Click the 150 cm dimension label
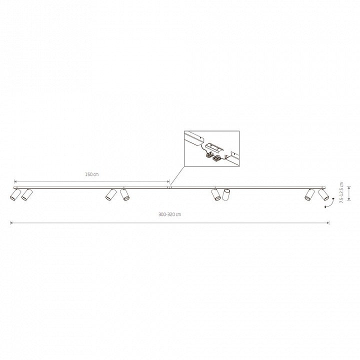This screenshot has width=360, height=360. pos(92,174)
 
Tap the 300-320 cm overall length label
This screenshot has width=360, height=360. pos(169,214)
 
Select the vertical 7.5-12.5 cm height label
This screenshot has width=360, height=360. pos(341,192)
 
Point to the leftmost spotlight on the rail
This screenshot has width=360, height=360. pos(15,195)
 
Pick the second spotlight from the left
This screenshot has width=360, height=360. pos(27,194)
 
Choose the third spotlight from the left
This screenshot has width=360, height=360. pos(111,194)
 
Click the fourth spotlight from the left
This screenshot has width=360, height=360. pos(124,194)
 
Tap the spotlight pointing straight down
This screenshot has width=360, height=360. pos(226,195)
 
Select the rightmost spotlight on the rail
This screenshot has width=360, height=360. pos(323,194)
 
